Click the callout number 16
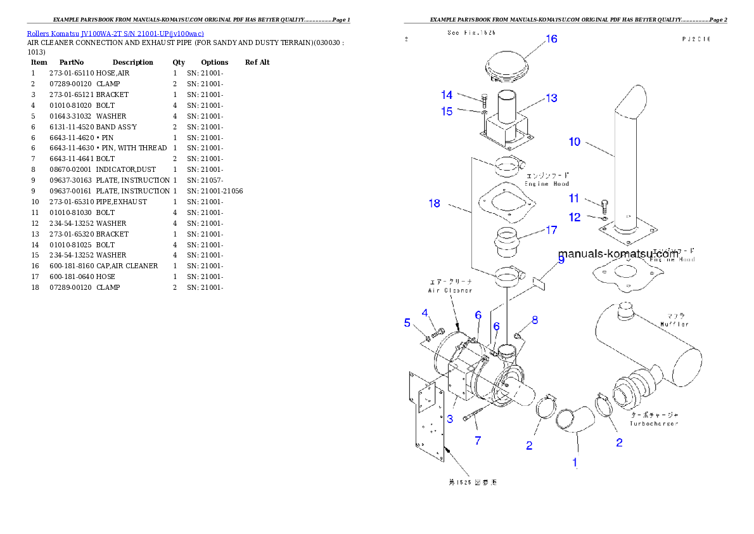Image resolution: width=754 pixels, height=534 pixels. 551,39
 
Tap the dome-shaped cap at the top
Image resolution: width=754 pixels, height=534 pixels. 508,65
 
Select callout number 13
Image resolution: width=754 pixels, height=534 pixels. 551,98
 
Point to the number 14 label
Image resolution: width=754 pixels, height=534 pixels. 447,95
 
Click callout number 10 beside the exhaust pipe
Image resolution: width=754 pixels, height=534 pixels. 574,142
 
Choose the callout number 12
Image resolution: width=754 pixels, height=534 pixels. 574,218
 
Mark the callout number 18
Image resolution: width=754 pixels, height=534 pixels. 434,204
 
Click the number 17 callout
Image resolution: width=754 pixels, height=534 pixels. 551,230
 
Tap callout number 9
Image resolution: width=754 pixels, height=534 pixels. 561,260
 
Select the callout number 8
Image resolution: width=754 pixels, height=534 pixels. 535,321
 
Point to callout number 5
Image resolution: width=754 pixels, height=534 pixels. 407,322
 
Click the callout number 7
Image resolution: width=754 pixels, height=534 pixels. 478,441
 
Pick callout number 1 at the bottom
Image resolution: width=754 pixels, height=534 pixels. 575,464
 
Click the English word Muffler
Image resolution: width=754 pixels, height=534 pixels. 674,323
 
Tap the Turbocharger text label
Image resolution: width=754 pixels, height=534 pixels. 653,423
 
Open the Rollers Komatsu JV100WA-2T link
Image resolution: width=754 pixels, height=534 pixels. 115,33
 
